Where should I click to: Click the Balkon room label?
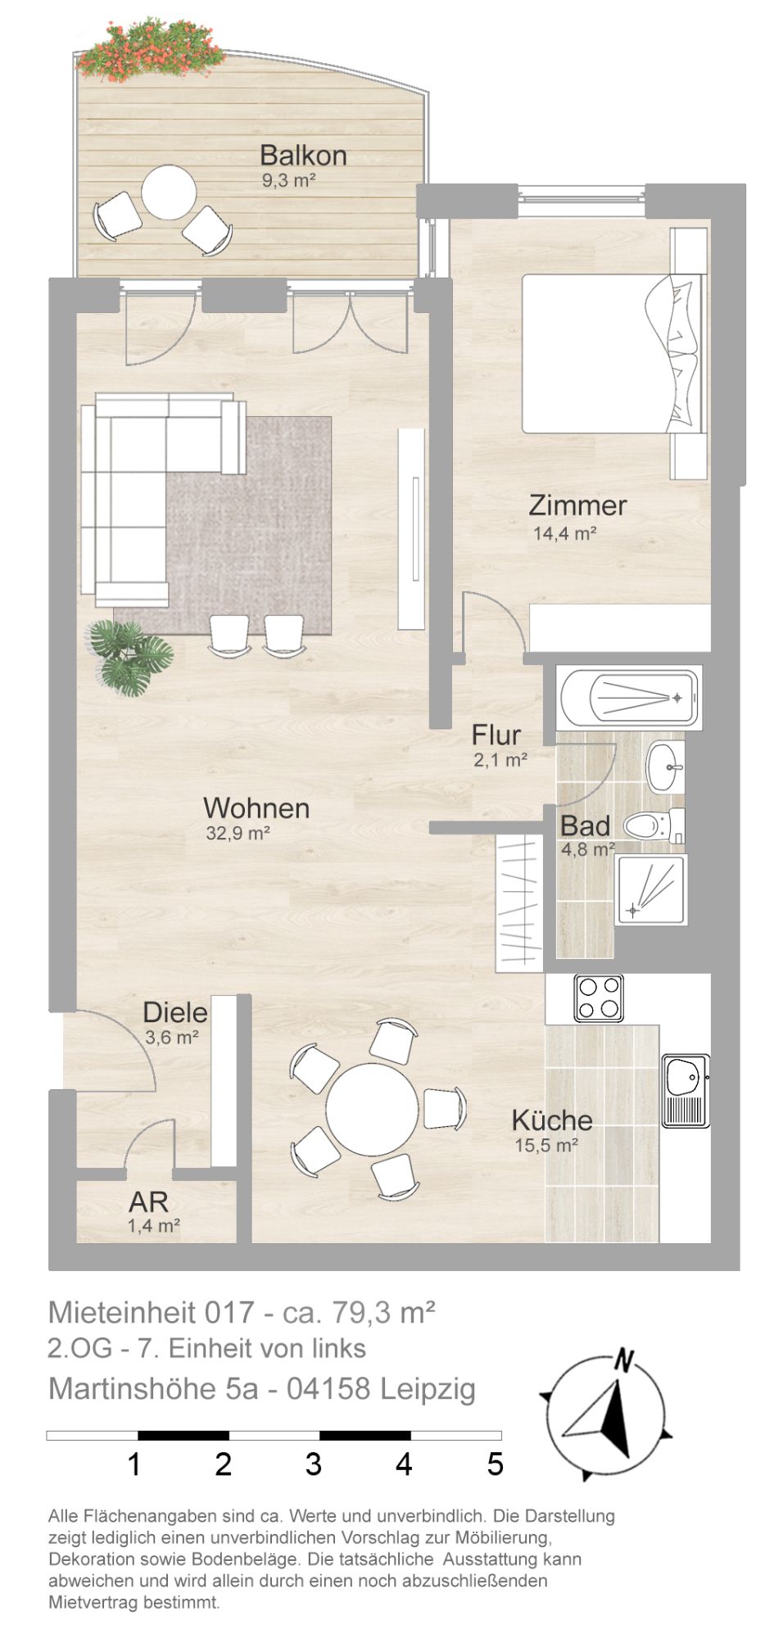pyautogui.click(x=303, y=155)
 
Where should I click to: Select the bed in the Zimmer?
pyautogui.click(x=613, y=353)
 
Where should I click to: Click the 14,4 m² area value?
pyautogui.click(x=564, y=534)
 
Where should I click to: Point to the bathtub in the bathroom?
pyautogui.click(x=629, y=699)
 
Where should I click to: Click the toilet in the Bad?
pyautogui.click(x=654, y=826)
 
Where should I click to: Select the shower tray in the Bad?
pyautogui.click(x=651, y=889)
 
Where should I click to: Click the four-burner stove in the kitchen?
pyautogui.click(x=599, y=998)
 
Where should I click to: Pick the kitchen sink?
pyautogui.click(x=686, y=1090)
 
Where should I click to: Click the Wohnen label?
pyautogui.click(x=256, y=808)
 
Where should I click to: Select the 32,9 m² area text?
pyautogui.click(x=239, y=834)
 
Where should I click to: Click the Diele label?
pyautogui.click(x=175, y=1012)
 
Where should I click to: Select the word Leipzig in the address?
pyautogui.click(x=428, y=1389)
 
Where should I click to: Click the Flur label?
pyautogui.click(x=496, y=735)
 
